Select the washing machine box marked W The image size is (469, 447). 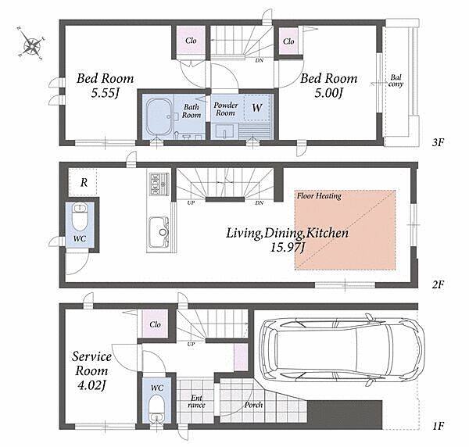coord(256,107)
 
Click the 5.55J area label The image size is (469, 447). coord(106,94)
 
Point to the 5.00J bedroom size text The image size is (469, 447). coord(328,94)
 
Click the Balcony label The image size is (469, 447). coord(396,80)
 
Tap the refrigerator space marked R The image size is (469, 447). coord(84,182)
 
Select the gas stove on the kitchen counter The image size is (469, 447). coord(159,183)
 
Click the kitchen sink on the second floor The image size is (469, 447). coord(159,232)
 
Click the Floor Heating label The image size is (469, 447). coord(319,196)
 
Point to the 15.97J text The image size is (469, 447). coord(287,248)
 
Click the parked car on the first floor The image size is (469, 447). coord(342,350)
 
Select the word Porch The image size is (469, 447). coord(253,405)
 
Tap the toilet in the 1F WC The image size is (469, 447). coord(157,408)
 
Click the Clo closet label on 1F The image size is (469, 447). coord(155,324)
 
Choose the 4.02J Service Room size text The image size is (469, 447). coord(91,385)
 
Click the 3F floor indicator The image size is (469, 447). coord(438,142)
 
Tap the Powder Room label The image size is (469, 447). coord(226,109)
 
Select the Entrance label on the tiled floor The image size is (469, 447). coord(196,402)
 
